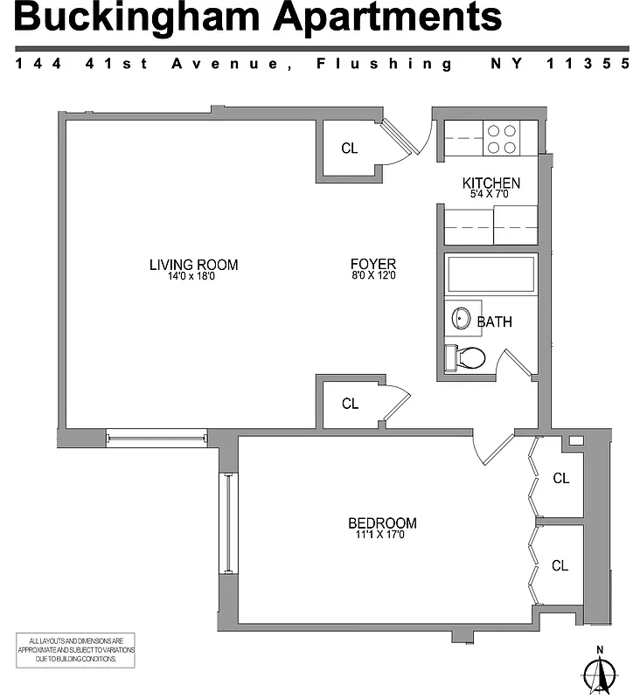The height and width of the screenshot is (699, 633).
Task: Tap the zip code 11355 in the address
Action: click(x=588, y=64)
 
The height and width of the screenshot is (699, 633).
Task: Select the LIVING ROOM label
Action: click(x=193, y=265)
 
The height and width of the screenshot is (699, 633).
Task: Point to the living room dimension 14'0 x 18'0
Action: click(x=193, y=277)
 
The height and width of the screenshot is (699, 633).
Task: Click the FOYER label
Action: click(x=373, y=264)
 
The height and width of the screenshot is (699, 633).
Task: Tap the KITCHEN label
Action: click(x=491, y=183)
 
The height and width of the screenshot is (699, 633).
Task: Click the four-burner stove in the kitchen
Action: click(x=501, y=138)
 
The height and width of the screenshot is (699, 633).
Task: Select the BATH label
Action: click(x=495, y=322)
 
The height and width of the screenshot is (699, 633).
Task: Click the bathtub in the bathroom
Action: click(x=490, y=274)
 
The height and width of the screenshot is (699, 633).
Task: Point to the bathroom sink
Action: click(x=462, y=319)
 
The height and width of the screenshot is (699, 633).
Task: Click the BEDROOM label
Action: click(x=382, y=523)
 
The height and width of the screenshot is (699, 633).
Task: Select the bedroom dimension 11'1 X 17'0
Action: click(x=382, y=535)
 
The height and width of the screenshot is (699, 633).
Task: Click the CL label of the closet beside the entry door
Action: click(x=350, y=149)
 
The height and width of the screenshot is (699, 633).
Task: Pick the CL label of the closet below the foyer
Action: click(x=351, y=404)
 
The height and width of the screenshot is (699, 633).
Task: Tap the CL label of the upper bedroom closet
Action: click(x=561, y=479)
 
